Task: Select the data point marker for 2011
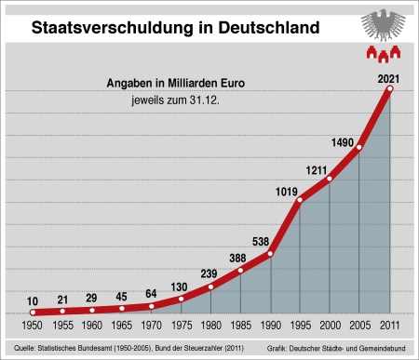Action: [389, 89]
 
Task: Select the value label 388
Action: [238, 258]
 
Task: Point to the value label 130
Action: [180, 287]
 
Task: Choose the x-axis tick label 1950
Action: [33, 328]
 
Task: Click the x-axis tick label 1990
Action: [270, 328]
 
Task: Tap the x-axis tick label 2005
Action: [359, 328]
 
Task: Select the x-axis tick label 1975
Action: [181, 328]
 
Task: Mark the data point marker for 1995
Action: [300, 200]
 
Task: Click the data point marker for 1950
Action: [33, 313]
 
